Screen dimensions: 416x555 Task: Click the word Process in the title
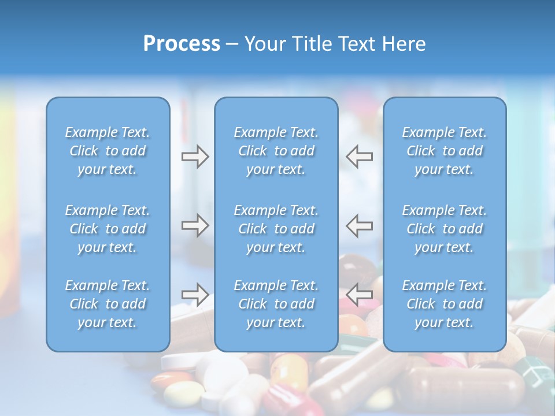[x=182, y=44]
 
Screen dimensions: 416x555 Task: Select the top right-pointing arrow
[x=195, y=157]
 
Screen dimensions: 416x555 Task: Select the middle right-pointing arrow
[x=195, y=225]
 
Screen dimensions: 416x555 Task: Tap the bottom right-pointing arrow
[x=195, y=295]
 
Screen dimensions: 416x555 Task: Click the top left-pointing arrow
[x=360, y=157]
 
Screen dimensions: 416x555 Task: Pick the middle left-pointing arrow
[x=360, y=225]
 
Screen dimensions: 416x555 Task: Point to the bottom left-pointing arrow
[x=360, y=295]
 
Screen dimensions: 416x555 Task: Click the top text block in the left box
[x=108, y=151]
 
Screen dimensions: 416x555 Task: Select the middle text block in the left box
[x=108, y=229]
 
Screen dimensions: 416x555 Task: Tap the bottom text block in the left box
[x=108, y=304]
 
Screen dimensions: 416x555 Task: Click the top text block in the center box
[x=276, y=151]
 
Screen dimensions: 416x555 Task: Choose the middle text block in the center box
[x=276, y=229]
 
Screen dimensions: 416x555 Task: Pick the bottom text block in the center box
[x=276, y=304]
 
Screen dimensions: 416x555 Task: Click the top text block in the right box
[x=445, y=151]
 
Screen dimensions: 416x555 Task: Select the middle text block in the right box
[x=445, y=229]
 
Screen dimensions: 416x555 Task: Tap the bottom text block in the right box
[x=445, y=304]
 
